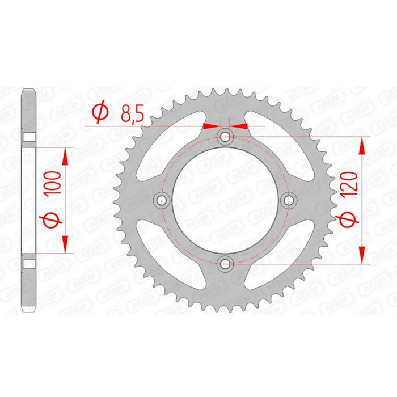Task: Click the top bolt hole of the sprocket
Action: click(226, 136)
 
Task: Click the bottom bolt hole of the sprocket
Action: click(226, 263)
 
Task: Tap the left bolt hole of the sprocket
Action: click(162, 200)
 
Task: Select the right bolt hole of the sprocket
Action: click(289, 200)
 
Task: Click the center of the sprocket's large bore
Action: click(226, 200)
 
